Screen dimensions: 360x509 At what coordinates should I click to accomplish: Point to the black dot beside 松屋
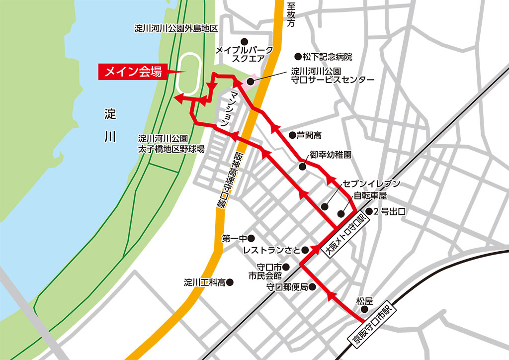pos(364,310)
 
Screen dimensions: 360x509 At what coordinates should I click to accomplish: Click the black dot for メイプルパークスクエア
pos(244,41)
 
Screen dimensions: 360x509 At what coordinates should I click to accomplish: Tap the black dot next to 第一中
pos(251,238)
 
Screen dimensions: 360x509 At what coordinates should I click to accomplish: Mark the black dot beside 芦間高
pos(292,135)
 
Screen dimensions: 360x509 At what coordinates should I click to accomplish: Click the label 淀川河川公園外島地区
pos(176,28)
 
